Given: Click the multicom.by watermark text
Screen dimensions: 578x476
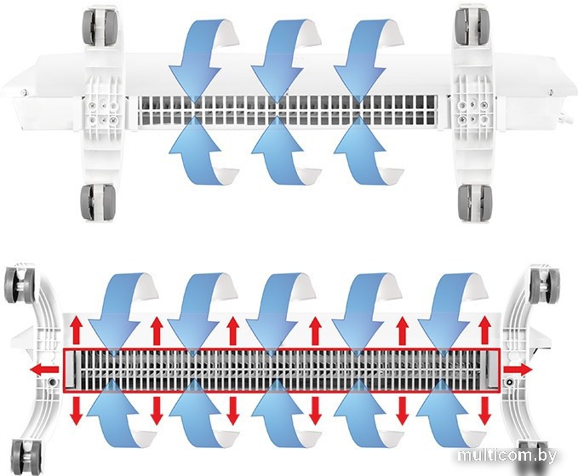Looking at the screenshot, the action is [506, 456].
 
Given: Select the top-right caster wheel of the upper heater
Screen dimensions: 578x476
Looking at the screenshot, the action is [473, 26].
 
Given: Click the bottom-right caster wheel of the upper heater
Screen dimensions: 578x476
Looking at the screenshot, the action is [475, 202].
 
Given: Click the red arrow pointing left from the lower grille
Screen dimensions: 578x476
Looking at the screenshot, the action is [44, 369].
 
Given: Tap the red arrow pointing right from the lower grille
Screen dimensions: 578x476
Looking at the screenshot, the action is [518, 369].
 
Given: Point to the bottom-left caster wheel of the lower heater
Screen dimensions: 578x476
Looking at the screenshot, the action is [25, 456].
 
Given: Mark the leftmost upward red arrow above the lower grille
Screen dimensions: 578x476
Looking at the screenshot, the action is [77, 330].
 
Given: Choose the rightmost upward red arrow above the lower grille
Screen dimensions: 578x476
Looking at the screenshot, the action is [484, 330].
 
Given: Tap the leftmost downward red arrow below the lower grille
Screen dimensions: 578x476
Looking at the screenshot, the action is [77, 410].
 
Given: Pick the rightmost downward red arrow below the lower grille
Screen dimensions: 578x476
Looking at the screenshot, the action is [484, 410].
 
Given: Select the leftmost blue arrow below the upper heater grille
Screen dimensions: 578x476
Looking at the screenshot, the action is [202, 152].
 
